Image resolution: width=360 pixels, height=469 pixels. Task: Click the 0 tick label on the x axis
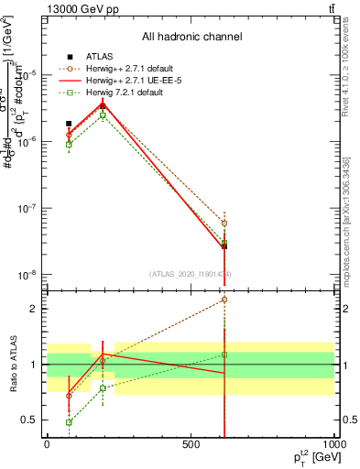tap(47, 445)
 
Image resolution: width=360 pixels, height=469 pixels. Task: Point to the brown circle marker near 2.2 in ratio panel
tap(224, 300)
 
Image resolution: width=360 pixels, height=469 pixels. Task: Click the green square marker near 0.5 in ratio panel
tap(69, 422)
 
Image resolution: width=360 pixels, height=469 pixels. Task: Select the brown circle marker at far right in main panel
tap(224, 223)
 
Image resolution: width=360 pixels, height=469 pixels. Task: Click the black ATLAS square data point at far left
tap(69, 123)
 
